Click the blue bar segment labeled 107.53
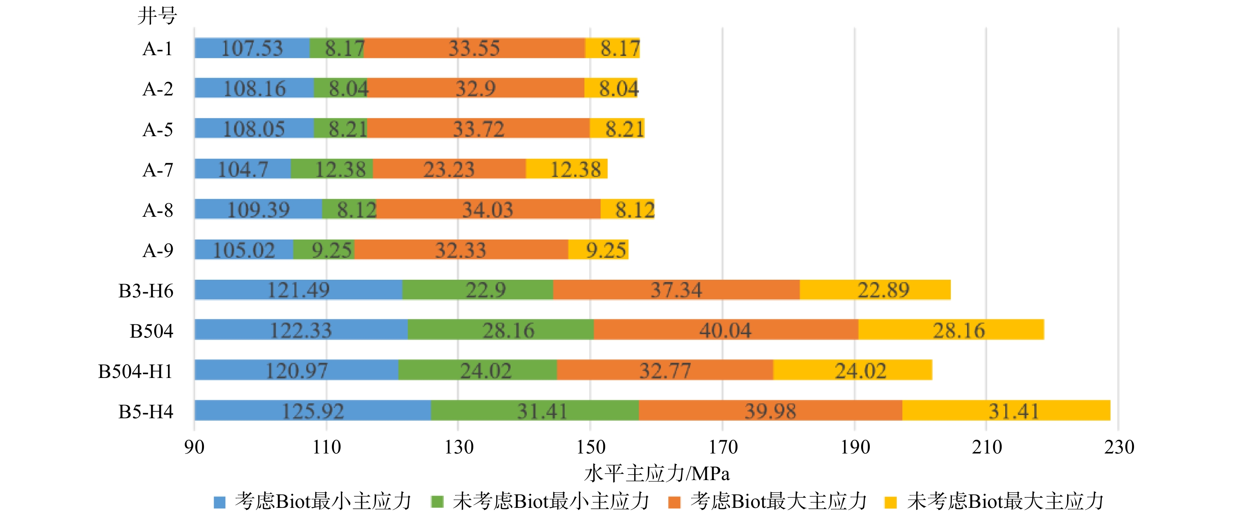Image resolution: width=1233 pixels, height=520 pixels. pos(252,48)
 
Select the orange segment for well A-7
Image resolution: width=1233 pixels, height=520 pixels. pos(449,169)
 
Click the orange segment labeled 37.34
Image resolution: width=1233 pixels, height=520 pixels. pos(676,290)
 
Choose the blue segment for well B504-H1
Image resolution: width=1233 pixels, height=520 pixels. pos(296,370)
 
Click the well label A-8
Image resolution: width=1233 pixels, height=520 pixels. pos(158,210)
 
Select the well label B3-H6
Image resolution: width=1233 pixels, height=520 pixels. pos(146,290)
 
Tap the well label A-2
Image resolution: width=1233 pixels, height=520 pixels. pos(158,89)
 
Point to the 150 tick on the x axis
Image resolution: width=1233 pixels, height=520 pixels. pos(591,447)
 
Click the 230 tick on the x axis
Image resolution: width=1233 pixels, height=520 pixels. pos(1119,447)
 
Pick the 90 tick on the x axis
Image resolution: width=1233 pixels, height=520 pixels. pos(194,447)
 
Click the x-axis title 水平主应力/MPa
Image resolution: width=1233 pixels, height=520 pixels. pos(657,473)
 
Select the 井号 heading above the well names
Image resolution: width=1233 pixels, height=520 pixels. pos(157,15)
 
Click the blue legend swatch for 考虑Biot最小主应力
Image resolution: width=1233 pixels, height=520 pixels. pos(220,502)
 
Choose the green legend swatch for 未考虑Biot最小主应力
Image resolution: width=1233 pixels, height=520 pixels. pos(437,502)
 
